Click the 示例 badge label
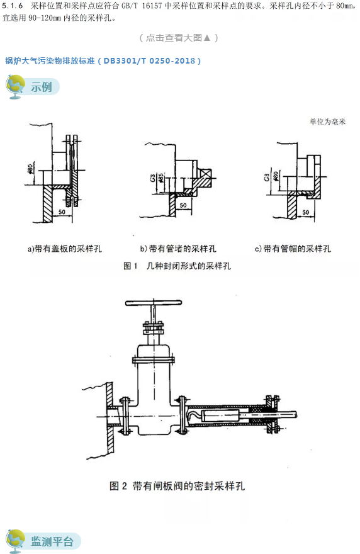click(x=42, y=88)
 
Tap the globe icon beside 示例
click(x=15, y=87)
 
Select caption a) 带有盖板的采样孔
click(x=64, y=249)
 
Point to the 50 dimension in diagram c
click(x=305, y=213)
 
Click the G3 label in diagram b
click(x=153, y=179)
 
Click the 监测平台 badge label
click(x=52, y=541)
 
